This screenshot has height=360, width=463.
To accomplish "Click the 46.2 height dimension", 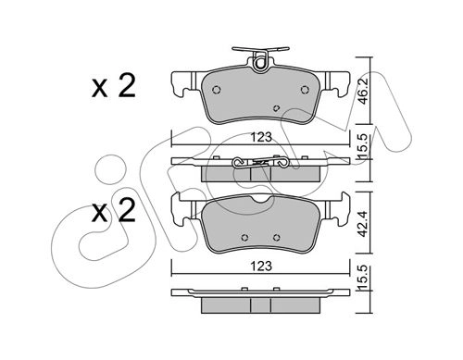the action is point(364,91).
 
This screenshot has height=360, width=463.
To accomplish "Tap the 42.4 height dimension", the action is point(364,224).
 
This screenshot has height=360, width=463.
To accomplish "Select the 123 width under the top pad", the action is point(261,137).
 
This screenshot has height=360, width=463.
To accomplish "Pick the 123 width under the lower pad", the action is point(261,266).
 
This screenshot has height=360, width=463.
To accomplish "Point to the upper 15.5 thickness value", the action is point(364,147).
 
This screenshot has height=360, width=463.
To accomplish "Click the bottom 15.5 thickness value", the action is point(364,277).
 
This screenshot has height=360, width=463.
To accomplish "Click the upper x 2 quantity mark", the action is point(114,86).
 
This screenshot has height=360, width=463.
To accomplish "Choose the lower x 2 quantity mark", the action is point(114,210).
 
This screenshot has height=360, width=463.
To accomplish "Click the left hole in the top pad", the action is point(217,90).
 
